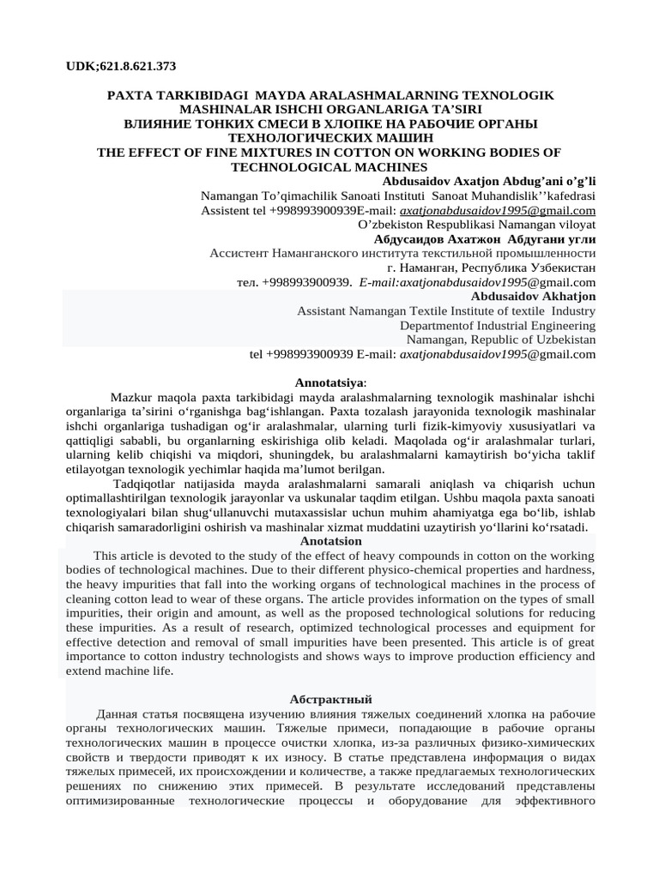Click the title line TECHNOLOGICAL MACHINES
pyautogui.click(x=329, y=166)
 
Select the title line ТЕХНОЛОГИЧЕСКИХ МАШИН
pyautogui.click(x=329, y=137)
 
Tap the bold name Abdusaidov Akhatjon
pyautogui.click(x=532, y=296)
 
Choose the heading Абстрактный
pyautogui.click(x=329, y=700)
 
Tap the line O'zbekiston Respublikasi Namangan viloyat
pyautogui.click(x=476, y=224)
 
